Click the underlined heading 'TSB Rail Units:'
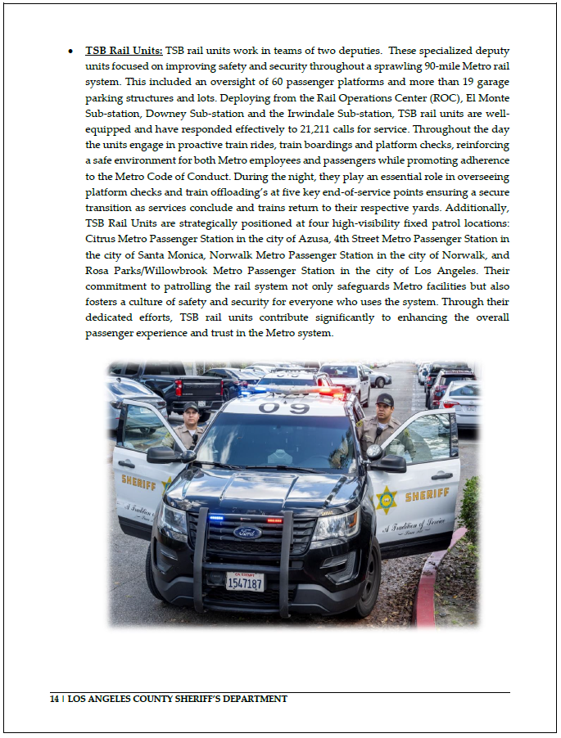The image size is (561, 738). (x=124, y=51)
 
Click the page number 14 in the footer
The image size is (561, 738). (x=55, y=700)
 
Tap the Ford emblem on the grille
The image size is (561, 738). (x=247, y=532)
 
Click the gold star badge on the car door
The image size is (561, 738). (x=385, y=499)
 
